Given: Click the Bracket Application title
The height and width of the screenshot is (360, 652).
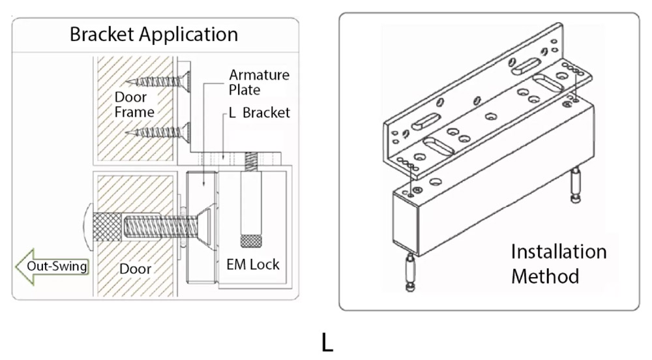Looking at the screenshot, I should pos(154,34).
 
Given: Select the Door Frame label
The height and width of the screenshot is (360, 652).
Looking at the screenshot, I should pos(134,104).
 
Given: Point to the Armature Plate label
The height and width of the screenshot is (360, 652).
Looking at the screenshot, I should pos(259,82).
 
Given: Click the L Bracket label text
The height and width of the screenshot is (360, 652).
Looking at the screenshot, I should pos(259,113).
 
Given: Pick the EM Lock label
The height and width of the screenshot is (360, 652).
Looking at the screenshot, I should pos(253,264).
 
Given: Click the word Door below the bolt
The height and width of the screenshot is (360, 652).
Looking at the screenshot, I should pos(135,269).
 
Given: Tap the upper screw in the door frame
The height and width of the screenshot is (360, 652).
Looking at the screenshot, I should pos(159,81).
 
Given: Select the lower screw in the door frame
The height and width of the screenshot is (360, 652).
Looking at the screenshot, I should pos(159,132).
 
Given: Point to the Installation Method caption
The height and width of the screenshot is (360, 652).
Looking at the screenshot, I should pos(558,263).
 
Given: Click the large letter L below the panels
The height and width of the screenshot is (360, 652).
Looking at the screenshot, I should pos(327,342).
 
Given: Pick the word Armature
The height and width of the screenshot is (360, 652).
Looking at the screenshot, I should pos(259,75).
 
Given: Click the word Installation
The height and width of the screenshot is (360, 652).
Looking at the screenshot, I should pos(558,252).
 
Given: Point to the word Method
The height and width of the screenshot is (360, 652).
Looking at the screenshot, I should pos(544,276).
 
